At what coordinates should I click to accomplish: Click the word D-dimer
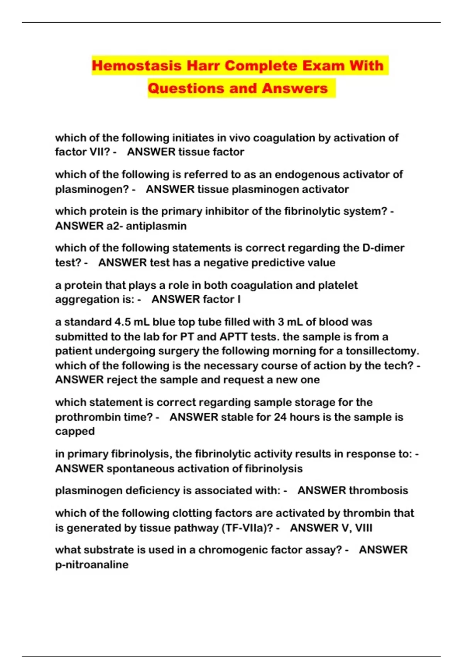pyautogui.click(x=384, y=248)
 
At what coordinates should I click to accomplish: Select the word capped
pyautogui.click(x=75, y=431)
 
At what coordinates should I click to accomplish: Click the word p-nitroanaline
pyautogui.click(x=92, y=565)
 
